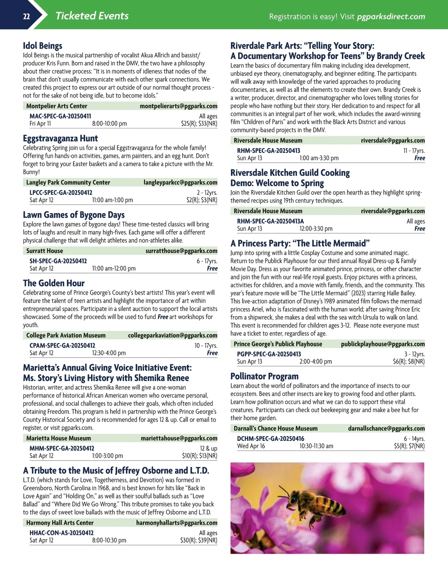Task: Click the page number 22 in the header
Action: (26, 16)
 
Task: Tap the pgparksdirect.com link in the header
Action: (391, 16)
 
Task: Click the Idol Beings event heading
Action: (43, 46)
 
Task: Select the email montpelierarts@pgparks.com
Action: (178, 106)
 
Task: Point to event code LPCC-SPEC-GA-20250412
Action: (61, 193)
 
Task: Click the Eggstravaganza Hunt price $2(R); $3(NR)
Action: (202, 200)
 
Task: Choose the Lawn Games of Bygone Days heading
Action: (74, 215)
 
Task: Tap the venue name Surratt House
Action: (44, 251)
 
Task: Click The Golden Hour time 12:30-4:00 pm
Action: (109, 353)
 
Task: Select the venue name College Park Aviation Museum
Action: (66, 335)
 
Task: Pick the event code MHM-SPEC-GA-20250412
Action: (62, 448)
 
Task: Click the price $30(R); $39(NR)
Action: (199, 540)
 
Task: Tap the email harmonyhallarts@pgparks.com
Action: (177, 523)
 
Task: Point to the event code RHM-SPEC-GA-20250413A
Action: (270, 221)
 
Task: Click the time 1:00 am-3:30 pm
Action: (319, 158)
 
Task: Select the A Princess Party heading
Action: (300, 243)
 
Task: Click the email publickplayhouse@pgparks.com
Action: (383, 344)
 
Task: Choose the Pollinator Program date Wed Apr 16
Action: (251, 446)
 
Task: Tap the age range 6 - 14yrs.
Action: (414, 439)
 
